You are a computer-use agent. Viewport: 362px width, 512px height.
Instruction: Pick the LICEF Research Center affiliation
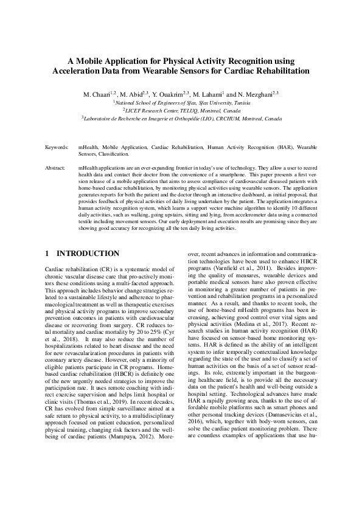click(x=181, y=111)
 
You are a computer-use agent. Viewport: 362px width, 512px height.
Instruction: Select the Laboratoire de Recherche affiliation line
click(x=181, y=119)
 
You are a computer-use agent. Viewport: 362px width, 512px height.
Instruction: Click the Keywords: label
click(x=57, y=148)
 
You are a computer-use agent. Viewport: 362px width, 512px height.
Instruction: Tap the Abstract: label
click(x=56, y=166)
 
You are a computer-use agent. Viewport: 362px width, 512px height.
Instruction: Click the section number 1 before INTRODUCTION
click(x=47, y=253)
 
